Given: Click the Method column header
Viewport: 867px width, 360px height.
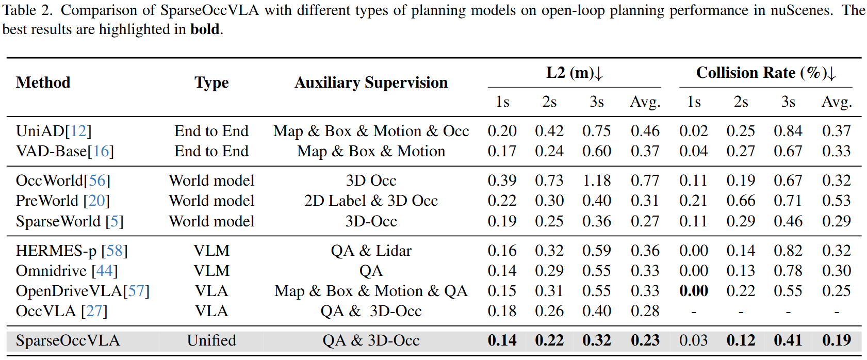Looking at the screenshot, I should [43, 83].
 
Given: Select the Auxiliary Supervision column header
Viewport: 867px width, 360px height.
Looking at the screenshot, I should [371, 83].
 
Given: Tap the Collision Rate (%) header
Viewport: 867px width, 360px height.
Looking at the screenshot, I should [765, 73].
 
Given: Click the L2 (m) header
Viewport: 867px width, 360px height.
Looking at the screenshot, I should [574, 73].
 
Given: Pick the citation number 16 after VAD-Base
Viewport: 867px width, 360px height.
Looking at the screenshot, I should [101, 151].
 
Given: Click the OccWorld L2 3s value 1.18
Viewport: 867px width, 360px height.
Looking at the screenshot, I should [596, 181].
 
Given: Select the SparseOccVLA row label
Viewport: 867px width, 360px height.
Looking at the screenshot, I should [68, 340].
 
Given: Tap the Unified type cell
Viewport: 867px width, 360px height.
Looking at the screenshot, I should [211, 340].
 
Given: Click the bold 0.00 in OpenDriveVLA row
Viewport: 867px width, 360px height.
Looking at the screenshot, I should [693, 291].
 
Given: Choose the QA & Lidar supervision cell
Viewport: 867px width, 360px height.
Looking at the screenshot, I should [371, 251].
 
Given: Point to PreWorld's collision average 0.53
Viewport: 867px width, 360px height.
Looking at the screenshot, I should [836, 201].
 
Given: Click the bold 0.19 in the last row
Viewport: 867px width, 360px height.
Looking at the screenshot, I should [836, 340].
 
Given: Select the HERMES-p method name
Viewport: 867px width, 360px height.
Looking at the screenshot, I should [56, 251].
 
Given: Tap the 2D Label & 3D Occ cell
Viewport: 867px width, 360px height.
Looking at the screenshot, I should [371, 201].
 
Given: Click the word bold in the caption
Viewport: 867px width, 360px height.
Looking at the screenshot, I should [205, 29].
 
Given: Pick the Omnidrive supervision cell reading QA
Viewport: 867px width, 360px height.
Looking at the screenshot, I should [371, 271].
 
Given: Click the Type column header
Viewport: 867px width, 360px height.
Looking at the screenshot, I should [211, 83].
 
